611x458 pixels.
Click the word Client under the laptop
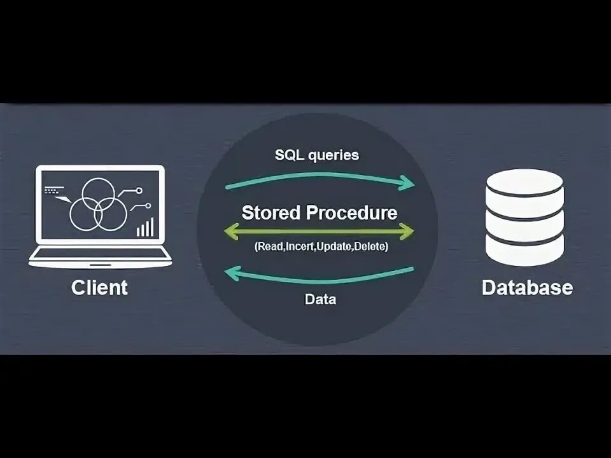(x=99, y=287)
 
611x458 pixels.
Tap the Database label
(x=527, y=287)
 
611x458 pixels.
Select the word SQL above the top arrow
(x=289, y=155)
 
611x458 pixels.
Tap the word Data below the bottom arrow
(x=320, y=299)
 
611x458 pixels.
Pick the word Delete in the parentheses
(x=370, y=246)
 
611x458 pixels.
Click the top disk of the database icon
(x=525, y=183)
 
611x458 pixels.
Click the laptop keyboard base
(x=100, y=256)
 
